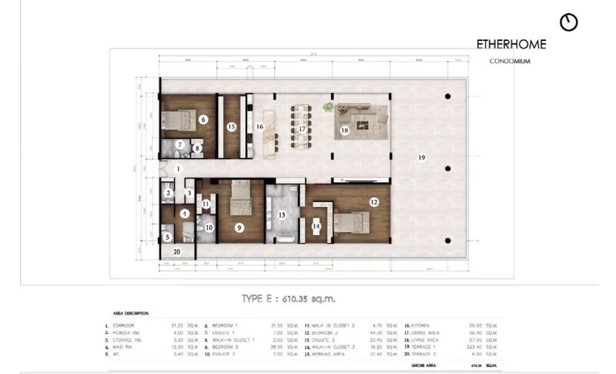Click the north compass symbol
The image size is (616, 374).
(569, 22)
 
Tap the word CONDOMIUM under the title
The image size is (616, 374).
(511, 62)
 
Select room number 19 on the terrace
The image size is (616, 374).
(422, 157)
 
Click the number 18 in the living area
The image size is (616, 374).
(344, 131)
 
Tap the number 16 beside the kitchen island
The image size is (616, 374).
(260, 126)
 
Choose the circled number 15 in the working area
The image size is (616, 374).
(231, 126)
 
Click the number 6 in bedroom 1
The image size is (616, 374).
(203, 120)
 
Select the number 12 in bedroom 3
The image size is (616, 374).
(373, 202)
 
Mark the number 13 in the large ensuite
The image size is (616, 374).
(282, 215)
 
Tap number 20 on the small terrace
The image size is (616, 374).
(176, 251)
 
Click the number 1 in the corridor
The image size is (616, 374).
(177, 167)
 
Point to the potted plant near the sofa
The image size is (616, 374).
(329, 108)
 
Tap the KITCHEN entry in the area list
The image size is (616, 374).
(426, 326)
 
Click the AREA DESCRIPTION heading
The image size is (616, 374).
(130, 313)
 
